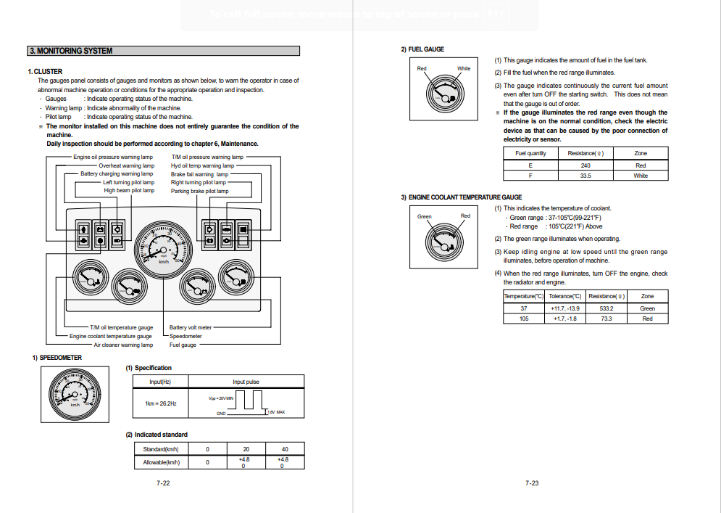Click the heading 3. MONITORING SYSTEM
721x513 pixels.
71,51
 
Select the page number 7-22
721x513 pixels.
163,483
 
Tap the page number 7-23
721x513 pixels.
532,483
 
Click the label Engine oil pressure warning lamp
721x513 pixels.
112,157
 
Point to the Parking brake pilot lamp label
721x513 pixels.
199,192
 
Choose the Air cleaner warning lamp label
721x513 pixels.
122,345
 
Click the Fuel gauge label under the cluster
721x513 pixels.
183,345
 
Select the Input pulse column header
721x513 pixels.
246,382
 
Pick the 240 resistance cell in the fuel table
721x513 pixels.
585,165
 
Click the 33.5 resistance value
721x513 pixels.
585,176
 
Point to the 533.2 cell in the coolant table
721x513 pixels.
606,308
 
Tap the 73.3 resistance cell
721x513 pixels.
606,319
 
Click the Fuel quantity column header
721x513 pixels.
530,154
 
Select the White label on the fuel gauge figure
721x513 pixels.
464,69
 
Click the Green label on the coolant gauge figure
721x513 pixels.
425,217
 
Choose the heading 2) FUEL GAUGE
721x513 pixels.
423,49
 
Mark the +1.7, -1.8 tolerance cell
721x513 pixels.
564,319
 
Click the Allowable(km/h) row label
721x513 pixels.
161,462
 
